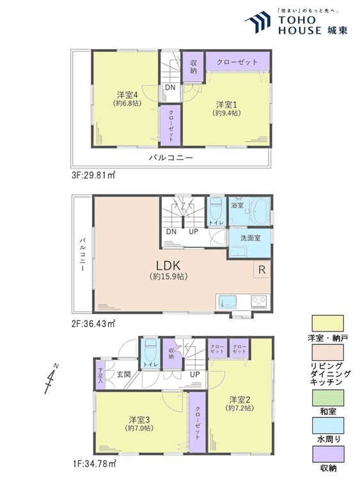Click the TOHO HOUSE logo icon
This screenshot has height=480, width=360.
click(258, 21)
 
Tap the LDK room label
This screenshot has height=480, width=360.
click(168, 265)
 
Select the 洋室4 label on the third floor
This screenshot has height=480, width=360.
click(127, 94)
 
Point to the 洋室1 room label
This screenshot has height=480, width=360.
click(226, 105)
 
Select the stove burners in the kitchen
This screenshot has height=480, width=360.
click(260, 302)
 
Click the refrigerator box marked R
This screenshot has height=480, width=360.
click(262, 269)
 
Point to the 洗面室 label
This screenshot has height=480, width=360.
click(250, 238)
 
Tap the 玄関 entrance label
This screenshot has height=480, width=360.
click(124, 374)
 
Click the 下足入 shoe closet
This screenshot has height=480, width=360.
click(100, 376)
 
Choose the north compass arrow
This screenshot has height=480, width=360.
click(51, 379)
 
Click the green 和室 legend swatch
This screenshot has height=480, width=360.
click(327, 397)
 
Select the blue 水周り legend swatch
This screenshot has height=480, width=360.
click(327, 426)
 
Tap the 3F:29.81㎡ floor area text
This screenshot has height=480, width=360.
click(93, 175)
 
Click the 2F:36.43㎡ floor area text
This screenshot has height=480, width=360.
click(93, 323)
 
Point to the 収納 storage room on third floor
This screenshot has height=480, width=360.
click(193, 67)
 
